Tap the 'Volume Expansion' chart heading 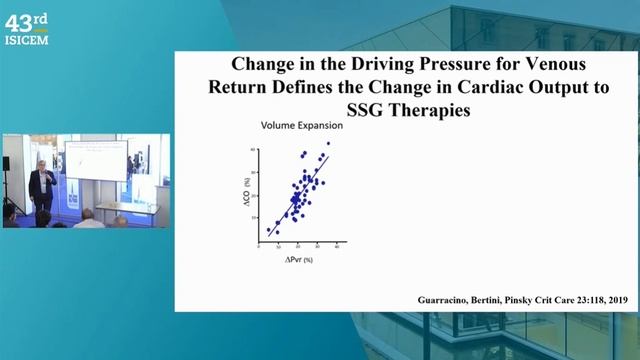click(x=302, y=127)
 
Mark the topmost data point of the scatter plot click(x=327, y=144)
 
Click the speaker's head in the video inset click(x=40, y=165)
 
